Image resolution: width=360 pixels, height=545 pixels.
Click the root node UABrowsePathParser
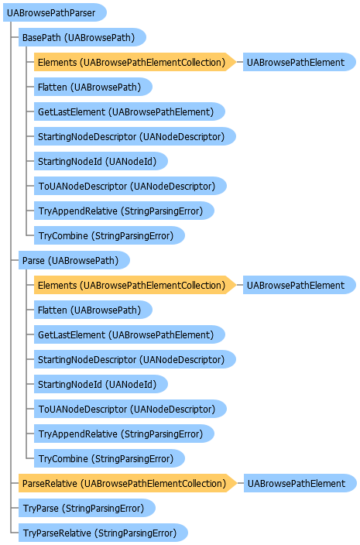click(54, 13)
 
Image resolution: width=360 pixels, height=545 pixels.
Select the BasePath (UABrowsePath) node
click(82, 37)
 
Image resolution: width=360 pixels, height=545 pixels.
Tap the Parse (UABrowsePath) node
click(74, 260)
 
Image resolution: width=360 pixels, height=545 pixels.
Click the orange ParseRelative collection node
click(128, 484)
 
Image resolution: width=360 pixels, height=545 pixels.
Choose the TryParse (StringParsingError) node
click(87, 508)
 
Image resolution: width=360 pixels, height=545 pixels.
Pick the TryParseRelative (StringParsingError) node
click(103, 533)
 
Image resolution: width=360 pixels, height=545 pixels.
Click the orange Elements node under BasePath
click(135, 62)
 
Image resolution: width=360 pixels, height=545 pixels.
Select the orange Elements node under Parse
click(135, 286)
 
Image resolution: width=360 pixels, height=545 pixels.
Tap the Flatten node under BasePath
click(93, 87)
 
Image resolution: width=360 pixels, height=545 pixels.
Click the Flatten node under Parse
click(93, 310)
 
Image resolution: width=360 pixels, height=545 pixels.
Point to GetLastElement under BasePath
click(129, 112)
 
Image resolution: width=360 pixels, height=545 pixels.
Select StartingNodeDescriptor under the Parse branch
click(135, 359)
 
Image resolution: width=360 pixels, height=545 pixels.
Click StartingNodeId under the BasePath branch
click(101, 161)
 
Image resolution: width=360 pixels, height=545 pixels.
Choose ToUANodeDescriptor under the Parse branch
click(130, 409)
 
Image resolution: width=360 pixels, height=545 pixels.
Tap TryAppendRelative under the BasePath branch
click(124, 211)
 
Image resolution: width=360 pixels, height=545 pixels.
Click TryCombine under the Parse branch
click(109, 459)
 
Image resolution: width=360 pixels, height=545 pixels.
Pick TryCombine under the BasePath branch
click(109, 235)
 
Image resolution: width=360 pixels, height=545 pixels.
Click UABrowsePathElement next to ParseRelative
click(300, 484)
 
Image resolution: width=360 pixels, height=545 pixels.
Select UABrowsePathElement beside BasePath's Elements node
click(300, 62)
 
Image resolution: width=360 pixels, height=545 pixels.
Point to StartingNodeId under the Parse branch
click(101, 384)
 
